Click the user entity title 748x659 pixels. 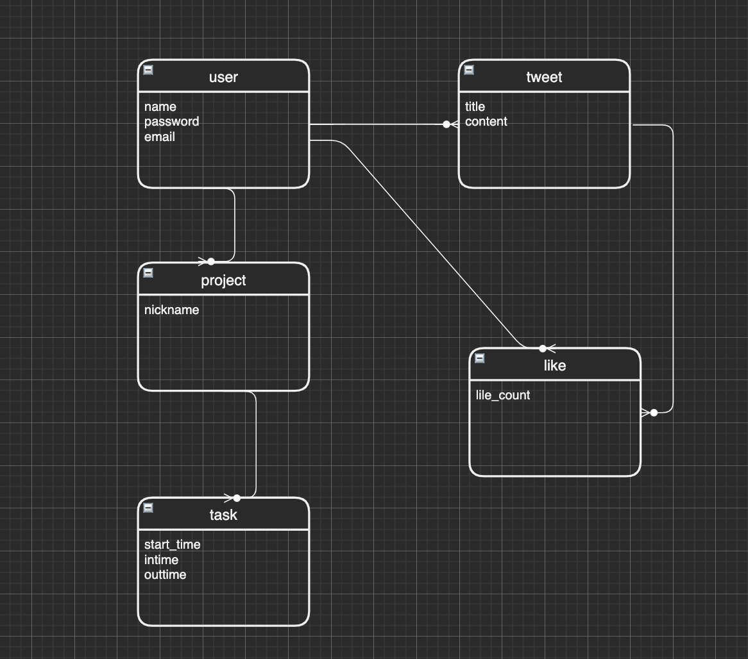(x=223, y=78)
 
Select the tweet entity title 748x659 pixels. (x=544, y=78)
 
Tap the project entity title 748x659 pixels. (x=223, y=281)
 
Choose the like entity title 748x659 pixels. (x=555, y=365)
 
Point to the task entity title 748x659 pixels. (x=223, y=515)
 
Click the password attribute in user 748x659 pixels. (x=171, y=122)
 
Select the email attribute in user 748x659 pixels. (x=160, y=137)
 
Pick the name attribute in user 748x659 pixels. (x=160, y=107)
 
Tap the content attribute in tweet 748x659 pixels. (x=486, y=122)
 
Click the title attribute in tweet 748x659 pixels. (x=475, y=107)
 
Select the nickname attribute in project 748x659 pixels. (x=172, y=310)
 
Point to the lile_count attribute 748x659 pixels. (x=503, y=396)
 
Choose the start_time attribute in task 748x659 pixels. (x=173, y=545)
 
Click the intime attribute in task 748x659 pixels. (x=162, y=560)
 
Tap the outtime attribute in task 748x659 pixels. (x=166, y=575)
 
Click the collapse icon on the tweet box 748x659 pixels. (x=469, y=70)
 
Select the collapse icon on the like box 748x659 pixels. (x=480, y=358)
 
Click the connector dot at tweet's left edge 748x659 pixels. (x=446, y=124)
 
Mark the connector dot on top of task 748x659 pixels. (x=237, y=498)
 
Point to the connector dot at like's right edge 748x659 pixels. (x=654, y=413)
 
